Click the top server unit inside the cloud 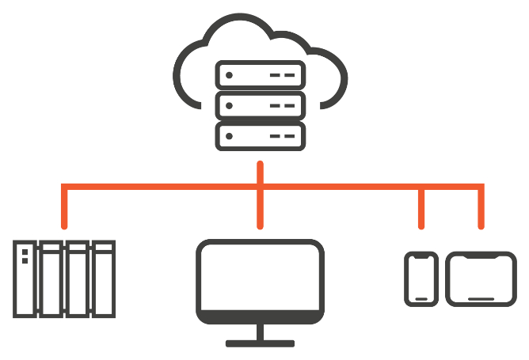pos(260,76)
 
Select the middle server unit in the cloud pos(260,105)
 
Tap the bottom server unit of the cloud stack pos(260,135)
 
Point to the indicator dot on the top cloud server pos(230,76)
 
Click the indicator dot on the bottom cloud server pos(230,135)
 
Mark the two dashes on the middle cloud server pos(283,105)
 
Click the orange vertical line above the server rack pos(65,207)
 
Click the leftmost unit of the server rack pos(25,279)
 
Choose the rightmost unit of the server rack pos(105,279)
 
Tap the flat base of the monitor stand pos(260,343)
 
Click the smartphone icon pos(421,279)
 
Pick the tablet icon pos(481,279)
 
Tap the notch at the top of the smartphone pos(421,256)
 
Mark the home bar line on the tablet pos(481,298)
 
